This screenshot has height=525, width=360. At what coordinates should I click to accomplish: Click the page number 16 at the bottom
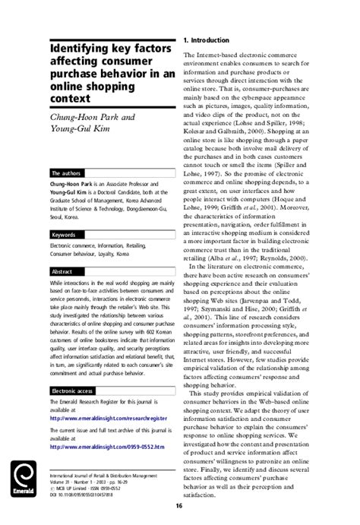tap(179, 506)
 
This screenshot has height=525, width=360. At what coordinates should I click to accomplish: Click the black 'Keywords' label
tap(63, 213)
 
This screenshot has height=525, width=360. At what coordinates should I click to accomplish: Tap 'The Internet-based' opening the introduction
tap(216, 56)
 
